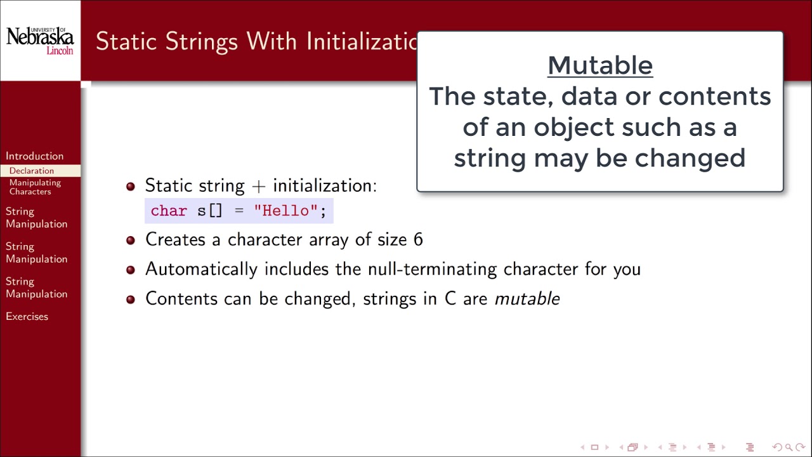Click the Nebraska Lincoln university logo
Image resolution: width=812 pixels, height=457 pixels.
pos(40,41)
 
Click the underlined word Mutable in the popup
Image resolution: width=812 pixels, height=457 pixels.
pos(599,65)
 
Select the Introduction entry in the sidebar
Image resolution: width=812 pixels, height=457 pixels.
pos(34,156)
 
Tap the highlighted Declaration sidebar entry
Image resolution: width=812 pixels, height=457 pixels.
pos(32,171)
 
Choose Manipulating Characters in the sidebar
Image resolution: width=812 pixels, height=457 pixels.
pos(35,187)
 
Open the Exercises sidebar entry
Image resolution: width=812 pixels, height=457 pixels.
pos(27,317)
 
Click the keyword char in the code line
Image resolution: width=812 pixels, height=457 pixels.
pos(169,211)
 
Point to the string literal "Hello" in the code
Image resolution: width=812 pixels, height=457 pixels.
pos(285,211)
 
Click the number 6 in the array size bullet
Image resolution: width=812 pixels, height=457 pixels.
pos(418,240)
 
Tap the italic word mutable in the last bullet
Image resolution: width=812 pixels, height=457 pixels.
pos(527,299)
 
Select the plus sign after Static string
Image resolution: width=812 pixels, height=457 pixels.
pos(258,186)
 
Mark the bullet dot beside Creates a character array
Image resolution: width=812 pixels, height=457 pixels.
pos(131,240)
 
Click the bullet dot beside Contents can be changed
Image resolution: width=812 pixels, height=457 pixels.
pos(131,299)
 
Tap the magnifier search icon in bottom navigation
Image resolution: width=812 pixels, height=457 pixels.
pos(789,447)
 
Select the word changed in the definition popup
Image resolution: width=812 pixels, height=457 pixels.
pos(690,158)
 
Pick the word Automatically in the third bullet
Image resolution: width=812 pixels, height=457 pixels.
pos(201,269)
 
